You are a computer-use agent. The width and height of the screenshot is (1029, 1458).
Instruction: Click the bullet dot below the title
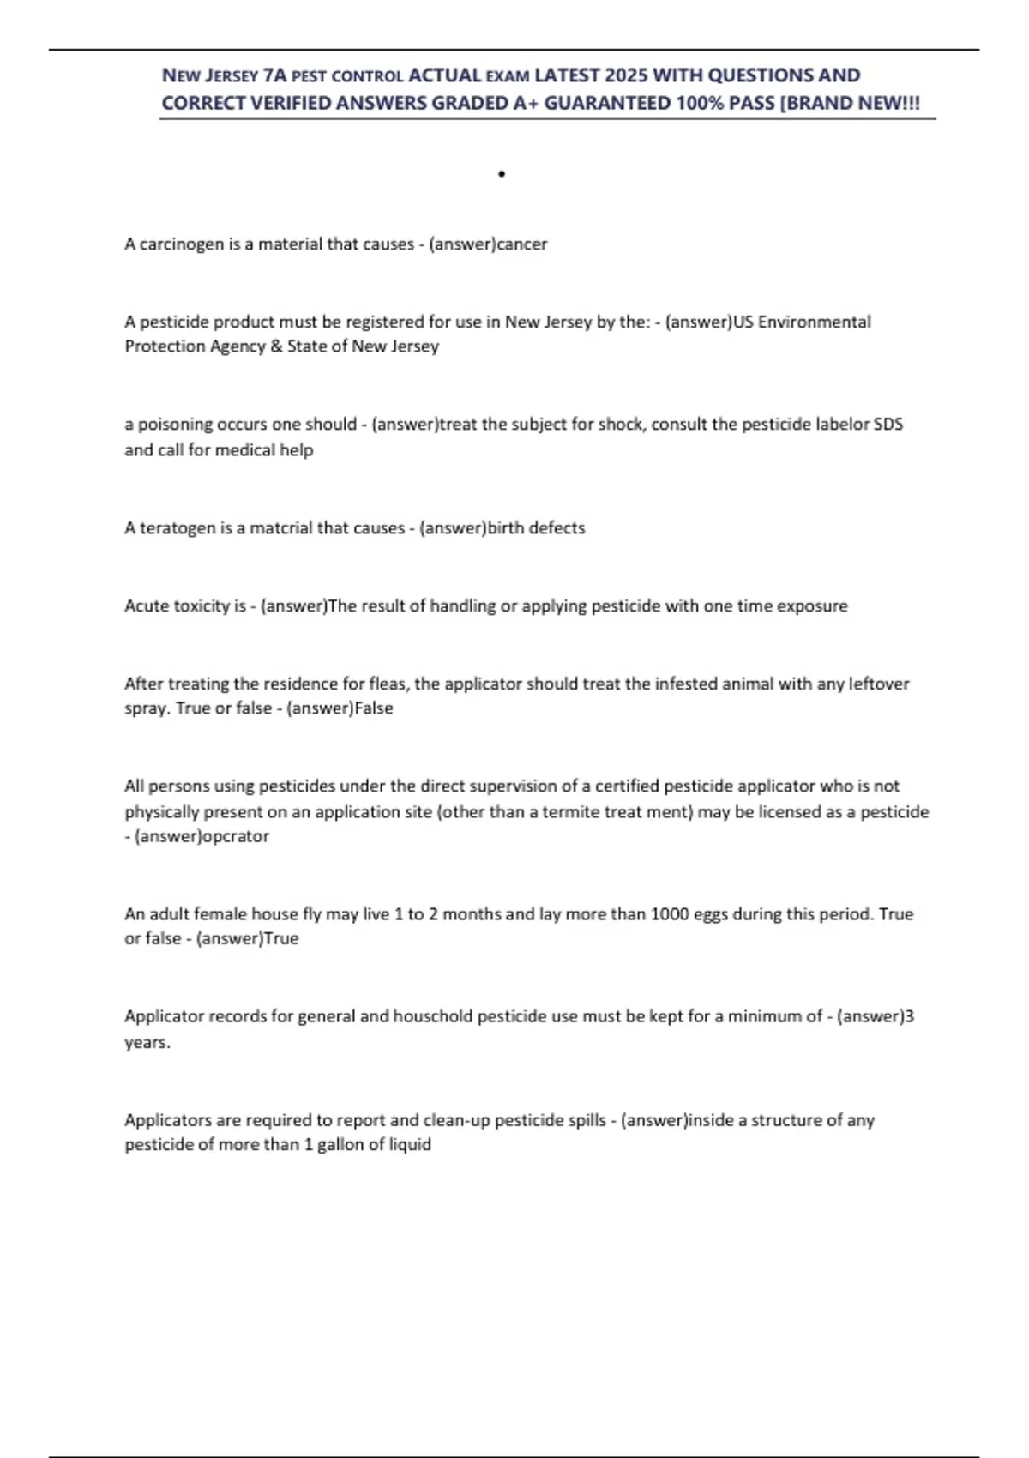[502, 174]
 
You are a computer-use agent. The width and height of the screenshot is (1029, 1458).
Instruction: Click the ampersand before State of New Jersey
[276, 346]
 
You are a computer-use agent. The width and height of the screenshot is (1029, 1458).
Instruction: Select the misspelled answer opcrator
[234, 836]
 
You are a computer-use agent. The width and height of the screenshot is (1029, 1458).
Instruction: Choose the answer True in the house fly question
[281, 938]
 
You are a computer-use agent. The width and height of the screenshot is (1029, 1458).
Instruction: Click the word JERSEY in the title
[232, 75]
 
